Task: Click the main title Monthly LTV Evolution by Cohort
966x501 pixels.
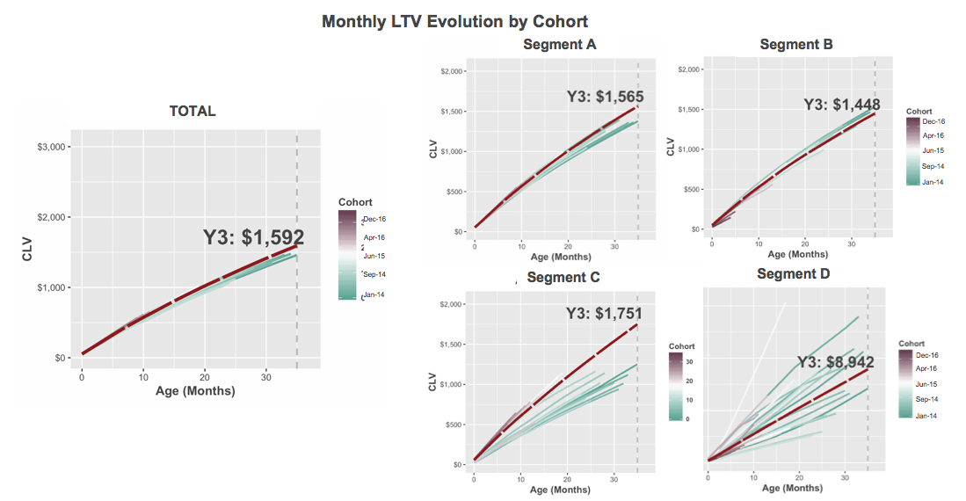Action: (454, 20)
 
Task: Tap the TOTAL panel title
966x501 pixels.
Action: (192, 112)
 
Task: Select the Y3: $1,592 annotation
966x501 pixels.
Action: (253, 237)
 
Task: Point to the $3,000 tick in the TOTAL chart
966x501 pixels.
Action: (50, 146)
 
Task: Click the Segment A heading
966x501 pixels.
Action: (559, 44)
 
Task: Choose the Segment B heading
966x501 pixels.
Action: (796, 44)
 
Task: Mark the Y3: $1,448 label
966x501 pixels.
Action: (842, 105)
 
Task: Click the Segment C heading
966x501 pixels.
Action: (563, 278)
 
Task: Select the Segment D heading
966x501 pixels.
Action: (794, 274)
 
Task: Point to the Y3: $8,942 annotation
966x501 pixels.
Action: (838, 362)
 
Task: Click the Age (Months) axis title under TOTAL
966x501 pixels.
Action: (195, 390)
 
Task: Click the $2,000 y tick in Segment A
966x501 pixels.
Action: (454, 71)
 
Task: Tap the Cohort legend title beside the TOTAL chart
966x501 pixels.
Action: (355, 202)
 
